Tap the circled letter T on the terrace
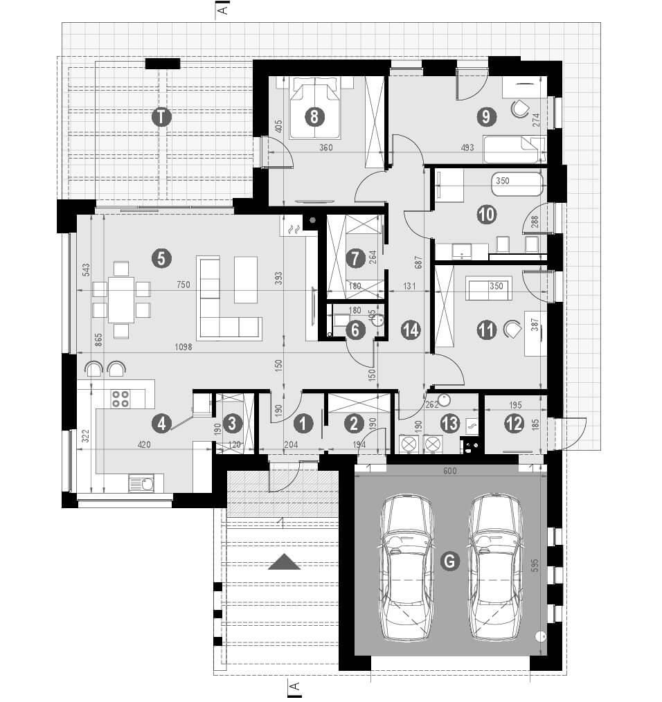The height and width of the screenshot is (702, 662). coord(161,117)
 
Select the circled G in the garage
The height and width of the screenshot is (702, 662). coord(449,562)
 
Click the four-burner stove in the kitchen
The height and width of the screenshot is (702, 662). coord(120,398)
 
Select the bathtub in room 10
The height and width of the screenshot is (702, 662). coord(517,183)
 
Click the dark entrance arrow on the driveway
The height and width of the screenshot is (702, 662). coord(284,562)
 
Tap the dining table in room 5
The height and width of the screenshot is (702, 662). coord(121,299)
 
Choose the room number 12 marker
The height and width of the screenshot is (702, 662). coord(514,424)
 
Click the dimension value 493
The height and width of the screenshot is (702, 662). coord(487,147)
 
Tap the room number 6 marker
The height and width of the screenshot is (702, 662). coord(355,330)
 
